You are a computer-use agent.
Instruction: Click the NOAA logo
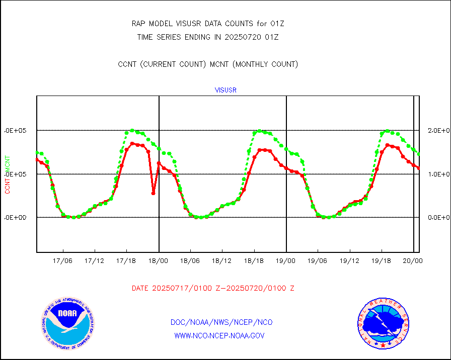tap(67, 324)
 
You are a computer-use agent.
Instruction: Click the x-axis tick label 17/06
tap(62, 261)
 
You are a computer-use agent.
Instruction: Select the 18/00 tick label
tap(158, 261)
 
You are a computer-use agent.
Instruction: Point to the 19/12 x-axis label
tap(349, 261)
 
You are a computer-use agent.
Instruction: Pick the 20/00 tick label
tap(413, 261)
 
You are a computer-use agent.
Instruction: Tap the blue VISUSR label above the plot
tap(225, 91)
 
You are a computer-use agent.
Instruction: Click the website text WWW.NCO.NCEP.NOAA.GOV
tap(219, 336)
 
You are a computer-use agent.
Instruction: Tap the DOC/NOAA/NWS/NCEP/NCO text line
tap(221, 322)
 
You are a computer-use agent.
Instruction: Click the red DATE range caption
tap(213, 289)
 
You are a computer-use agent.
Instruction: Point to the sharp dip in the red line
tap(153, 193)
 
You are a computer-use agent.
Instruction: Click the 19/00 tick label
tap(286, 261)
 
